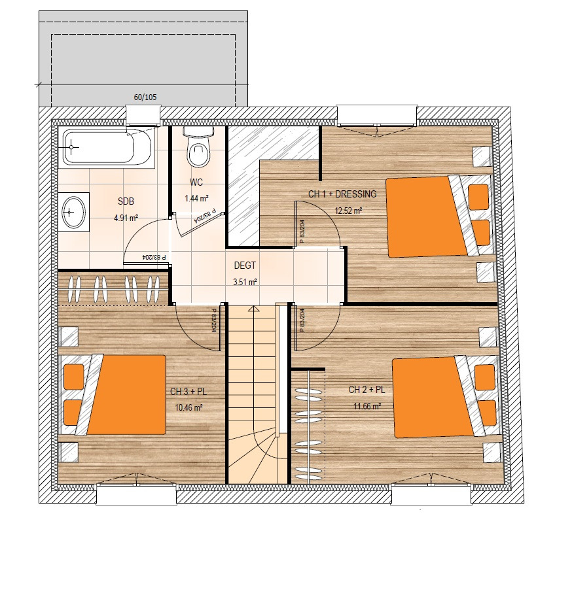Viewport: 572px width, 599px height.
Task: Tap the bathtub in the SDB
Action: (x=108, y=147)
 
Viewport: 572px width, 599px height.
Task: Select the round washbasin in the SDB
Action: (x=73, y=212)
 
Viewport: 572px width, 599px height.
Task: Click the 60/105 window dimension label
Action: (x=145, y=97)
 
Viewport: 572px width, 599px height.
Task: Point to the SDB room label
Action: (x=126, y=201)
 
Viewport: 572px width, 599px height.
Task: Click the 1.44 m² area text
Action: (x=196, y=198)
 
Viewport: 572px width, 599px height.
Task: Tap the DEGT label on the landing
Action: (x=245, y=265)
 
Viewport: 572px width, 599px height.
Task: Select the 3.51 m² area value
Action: (x=245, y=282)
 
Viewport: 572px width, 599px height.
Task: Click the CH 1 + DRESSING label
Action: (x=342, y=194)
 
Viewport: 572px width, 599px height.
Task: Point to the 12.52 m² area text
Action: (x=348, y=211)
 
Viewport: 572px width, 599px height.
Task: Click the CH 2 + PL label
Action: (x=366, y=390)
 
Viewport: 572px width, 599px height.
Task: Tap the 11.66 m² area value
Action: (x=367, y=406)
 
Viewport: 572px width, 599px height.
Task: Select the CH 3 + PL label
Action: (x=188, y=392)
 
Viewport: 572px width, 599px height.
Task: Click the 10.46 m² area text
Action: (x=188, y=407)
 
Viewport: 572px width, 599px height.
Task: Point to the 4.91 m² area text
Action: (x=126, y=218)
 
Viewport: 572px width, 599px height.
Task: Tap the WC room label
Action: (x=196, y=182)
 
